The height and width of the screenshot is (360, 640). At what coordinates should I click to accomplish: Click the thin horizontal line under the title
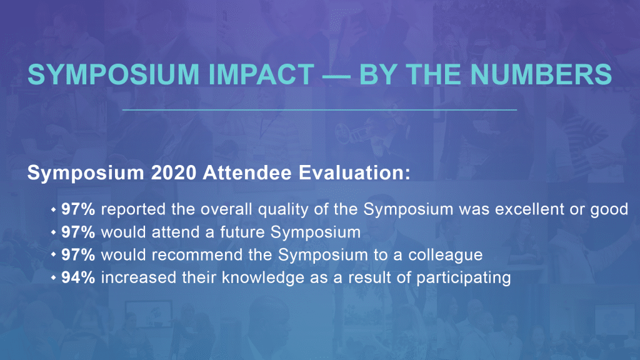pos(319,110)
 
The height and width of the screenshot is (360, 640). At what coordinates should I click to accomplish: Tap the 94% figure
pos(78,277)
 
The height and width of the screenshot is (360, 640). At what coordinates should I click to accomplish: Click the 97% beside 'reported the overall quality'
pos(78,209)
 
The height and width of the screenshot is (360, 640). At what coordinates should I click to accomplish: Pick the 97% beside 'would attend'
pos(78,232)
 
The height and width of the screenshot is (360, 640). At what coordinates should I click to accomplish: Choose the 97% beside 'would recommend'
pos(78,255)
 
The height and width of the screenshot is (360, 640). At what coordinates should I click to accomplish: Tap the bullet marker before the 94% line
pos(54,277)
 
